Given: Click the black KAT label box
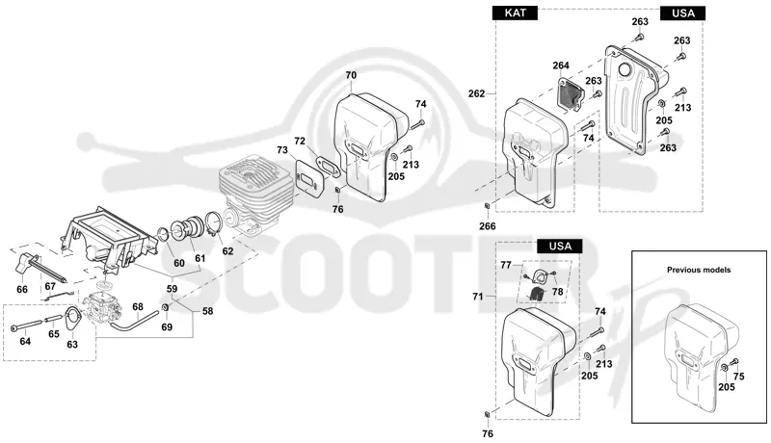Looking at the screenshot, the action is pos(515,13).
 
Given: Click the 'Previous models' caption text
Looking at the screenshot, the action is pos(698,270).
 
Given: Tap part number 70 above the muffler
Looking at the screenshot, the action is pos(351,76).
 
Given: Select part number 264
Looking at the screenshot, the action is pos(561,65).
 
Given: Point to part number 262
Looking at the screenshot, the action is pos(476,93).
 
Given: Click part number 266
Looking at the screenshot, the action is pos(488,226).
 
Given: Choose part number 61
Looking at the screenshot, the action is pos(199,258).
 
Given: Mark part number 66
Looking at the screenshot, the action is pos(22,289).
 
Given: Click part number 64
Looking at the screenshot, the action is pos(25,341).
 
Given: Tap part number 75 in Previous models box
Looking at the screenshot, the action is pos(738,377).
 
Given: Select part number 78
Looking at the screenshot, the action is pos(557,291).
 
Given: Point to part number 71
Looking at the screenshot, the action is pos(477,297).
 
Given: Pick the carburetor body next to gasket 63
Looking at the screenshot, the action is pos(102,307).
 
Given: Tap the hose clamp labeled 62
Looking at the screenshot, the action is pos(214,223).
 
